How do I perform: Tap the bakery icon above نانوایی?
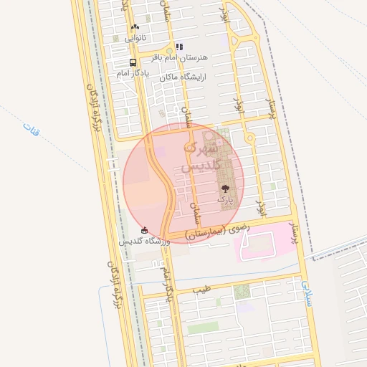click(135, 27)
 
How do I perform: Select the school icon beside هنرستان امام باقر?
click(179, 47)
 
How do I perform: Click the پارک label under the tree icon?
click(225, 197)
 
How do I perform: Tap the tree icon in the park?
click(225, 188)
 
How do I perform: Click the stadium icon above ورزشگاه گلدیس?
click(145, 230)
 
